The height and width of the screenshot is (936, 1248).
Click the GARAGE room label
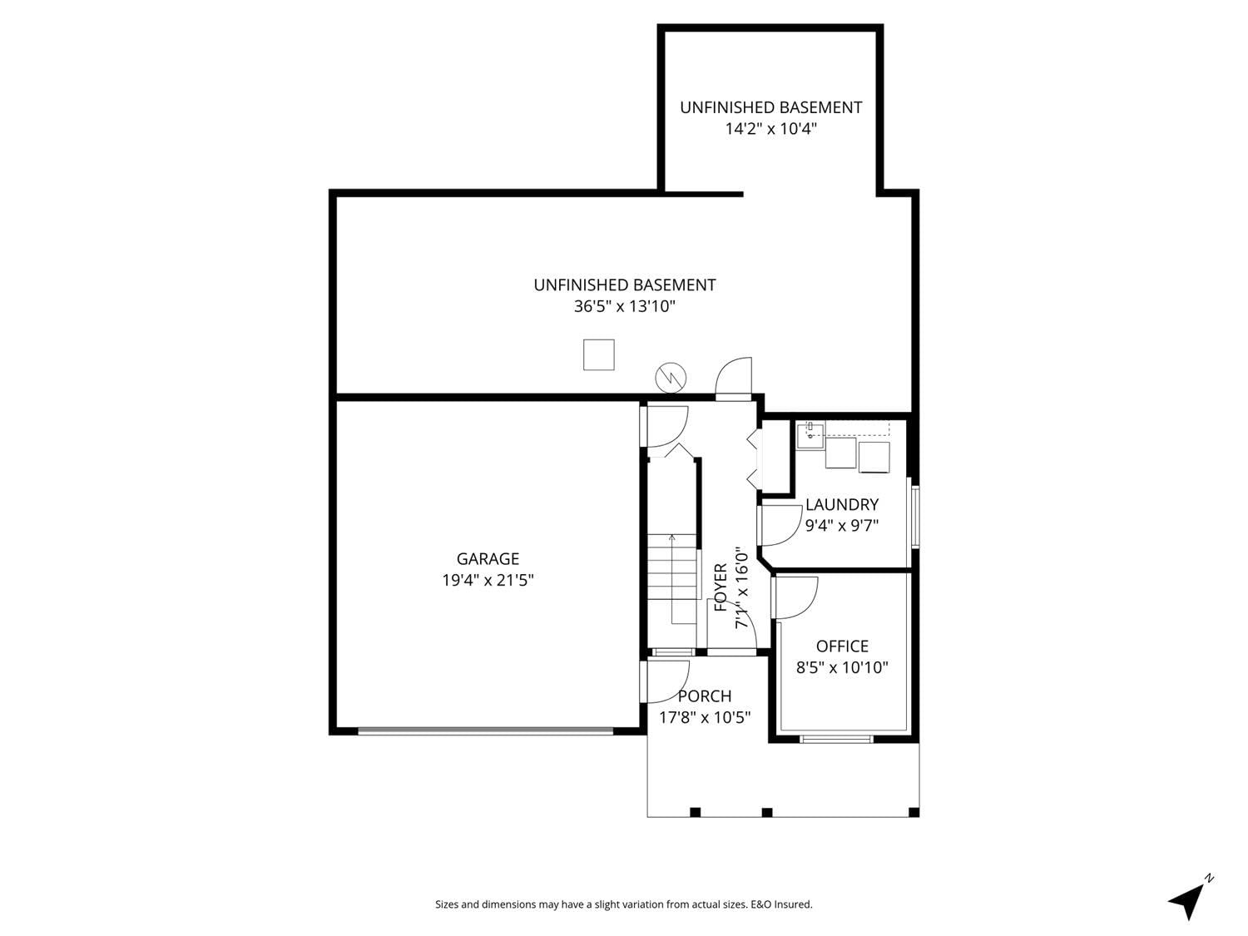click(x=488, y=559)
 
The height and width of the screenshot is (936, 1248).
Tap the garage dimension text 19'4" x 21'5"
click(x=488, y=580)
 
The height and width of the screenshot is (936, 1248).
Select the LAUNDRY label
click(x=841, y=505)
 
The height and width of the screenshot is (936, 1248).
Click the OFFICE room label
click(x=841, y=646)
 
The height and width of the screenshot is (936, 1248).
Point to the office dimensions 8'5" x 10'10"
click(x=841, y=667)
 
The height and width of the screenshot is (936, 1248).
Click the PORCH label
click(x=705, y=696)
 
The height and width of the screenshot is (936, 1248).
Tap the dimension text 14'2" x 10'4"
click(x=770, y=129)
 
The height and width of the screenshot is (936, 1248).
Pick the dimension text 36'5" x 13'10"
click(x=624, y=307)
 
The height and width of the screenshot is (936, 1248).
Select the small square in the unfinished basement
click(x=598, y=354)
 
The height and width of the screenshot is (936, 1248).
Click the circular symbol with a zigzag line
click(x=671, y=378)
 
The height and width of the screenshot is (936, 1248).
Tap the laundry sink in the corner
click(x=809, y=435)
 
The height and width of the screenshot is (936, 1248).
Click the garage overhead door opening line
click(x=486, y=731)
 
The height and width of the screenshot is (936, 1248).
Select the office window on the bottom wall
click(x=835, y=740)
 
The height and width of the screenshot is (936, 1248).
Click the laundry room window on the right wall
click(x=915, y=517)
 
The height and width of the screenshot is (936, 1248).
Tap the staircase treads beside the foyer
click(x=672, y=566)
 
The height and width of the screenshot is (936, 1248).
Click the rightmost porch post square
click(x=914, y=812)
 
